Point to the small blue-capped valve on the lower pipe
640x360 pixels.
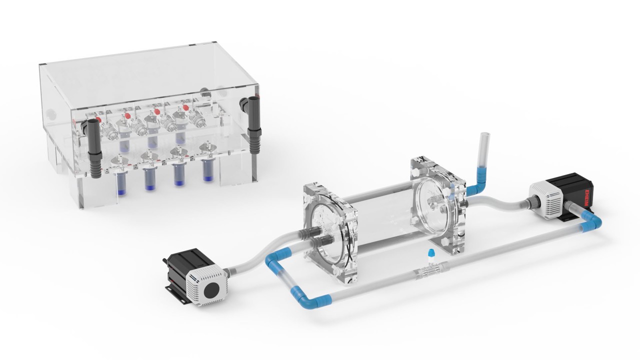[430, 256]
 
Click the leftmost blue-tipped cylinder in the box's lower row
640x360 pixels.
[120, 183]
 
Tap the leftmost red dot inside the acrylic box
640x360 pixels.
[98, 119]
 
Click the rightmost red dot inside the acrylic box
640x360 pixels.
[186, 107]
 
